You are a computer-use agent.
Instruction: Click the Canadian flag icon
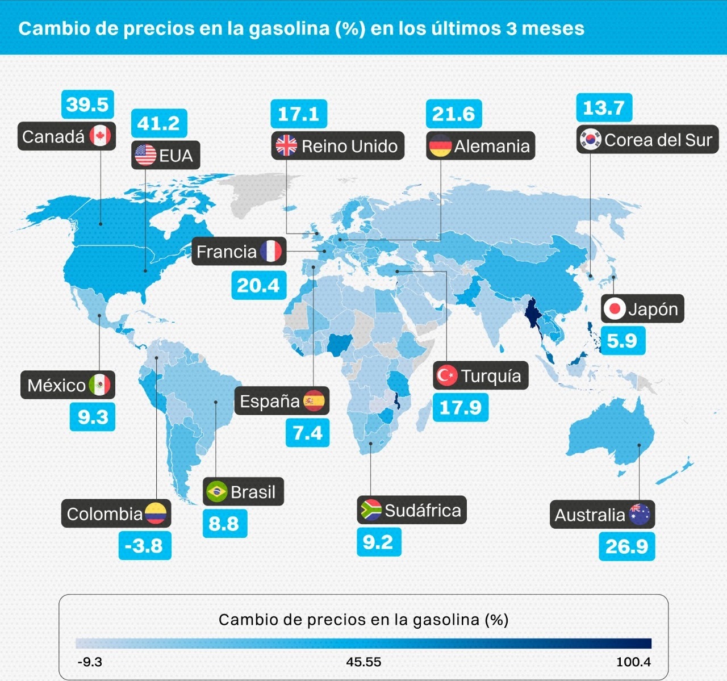click(101, 136)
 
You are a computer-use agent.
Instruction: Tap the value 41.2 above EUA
click(158, 123)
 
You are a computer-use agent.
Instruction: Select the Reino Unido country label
click(349, 146)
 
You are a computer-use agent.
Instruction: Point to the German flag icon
click(440, 146)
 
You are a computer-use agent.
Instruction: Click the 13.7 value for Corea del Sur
click(604, 107)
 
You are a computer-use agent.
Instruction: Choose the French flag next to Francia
click(271, 251)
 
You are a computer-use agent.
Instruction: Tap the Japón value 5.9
click(622, 340)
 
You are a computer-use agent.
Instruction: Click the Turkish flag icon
click(446, 375)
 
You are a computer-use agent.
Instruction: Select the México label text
click(56, 385)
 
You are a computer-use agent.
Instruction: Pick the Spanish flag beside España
click(314, 401)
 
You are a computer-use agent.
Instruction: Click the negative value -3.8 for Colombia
click(144, 545)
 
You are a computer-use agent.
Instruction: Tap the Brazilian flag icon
click(216, 491)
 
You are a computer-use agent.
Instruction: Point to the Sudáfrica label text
click(423, 510)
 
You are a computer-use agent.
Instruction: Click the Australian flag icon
click(640, 515)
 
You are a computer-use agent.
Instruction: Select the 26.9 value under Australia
click(626, 546)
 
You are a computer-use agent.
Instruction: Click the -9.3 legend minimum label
click(90, 662)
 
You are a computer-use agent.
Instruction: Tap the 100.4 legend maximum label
click(633, 662)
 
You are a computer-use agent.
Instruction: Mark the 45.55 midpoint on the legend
click(363, 662)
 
